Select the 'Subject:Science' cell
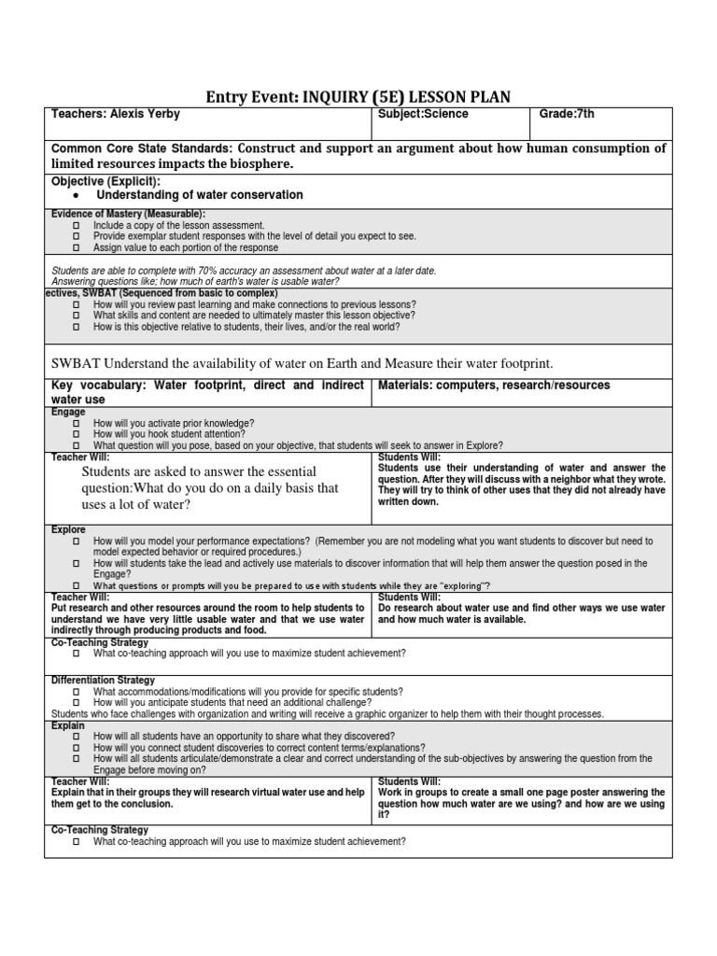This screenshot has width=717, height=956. (423, 115)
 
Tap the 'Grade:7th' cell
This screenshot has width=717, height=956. (567, 115)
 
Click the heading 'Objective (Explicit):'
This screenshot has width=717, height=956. (105, 180)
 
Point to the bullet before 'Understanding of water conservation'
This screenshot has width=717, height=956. (76, 196)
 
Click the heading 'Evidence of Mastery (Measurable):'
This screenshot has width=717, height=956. (128, 214)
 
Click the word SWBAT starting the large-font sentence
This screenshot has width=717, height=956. (78, 362)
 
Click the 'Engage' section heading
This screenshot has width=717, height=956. (68, 412)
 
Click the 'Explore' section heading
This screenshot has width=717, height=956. (69, 529)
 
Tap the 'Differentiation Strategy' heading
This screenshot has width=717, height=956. (103, 681)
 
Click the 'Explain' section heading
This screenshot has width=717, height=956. (68, 725)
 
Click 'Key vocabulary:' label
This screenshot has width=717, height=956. (98, 386)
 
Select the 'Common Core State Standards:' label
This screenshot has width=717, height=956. (141, 148)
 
